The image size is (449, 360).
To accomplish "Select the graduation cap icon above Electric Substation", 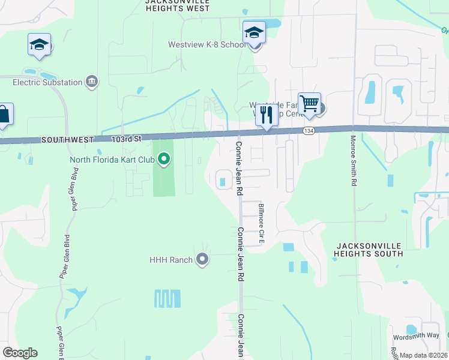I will click(x=40, y=44).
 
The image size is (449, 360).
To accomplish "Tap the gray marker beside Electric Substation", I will click(x=92, y=82).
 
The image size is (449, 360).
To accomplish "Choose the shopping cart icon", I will click(x=309, y=104).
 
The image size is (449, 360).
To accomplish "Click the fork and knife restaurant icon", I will click(x=267, y=115).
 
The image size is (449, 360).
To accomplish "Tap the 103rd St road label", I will click(x=125, y=139).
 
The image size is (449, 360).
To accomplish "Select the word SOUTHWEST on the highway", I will click(x=67, y=139).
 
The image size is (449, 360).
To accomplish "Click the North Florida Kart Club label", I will click(x=112, y=160).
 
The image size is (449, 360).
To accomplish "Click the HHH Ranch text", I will click(x=171, y=260).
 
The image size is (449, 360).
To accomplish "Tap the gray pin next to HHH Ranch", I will click(x=202, y=259).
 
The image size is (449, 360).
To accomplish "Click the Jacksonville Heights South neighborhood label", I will click(x=369, y=250).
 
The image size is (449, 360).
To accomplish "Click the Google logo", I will click(x=20, y=353).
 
